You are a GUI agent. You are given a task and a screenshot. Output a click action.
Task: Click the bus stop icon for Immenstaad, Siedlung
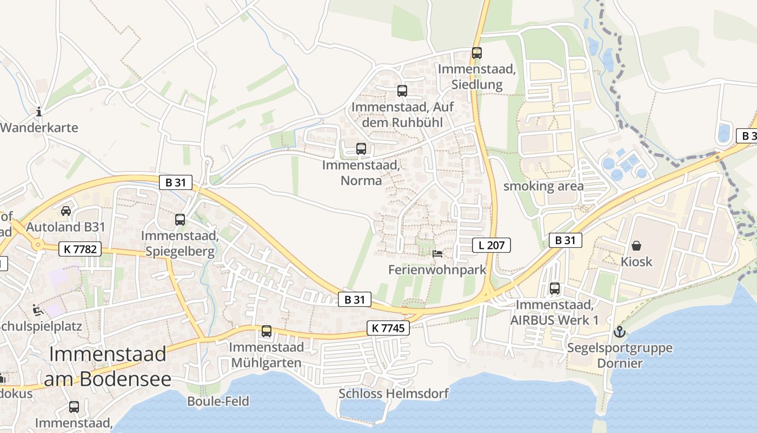click(476, 53)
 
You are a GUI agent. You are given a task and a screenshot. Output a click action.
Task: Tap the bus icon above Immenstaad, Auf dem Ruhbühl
click(402, 91)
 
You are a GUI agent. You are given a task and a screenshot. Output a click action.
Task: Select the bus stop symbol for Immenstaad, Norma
click(361, 149)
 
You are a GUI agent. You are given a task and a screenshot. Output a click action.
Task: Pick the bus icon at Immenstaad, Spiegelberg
click(180, 220)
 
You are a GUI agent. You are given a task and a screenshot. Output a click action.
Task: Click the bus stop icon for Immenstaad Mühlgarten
click(267, 331)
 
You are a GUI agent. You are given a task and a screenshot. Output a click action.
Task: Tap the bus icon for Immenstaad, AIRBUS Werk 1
click(555, 288)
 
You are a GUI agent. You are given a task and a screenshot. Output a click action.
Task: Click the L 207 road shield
click(492, 245)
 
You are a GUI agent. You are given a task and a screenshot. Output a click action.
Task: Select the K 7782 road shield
click(79, 249)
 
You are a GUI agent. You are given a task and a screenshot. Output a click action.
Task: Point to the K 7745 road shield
click(388, 327)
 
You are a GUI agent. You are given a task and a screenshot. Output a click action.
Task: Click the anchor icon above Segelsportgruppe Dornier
click(620, 332)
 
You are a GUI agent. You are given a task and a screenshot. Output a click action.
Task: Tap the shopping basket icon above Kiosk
click(636, 246)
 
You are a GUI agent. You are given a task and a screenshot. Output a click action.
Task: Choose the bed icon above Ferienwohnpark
click(438, 253)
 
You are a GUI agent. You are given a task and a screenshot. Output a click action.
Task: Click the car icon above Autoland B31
click(66, 211)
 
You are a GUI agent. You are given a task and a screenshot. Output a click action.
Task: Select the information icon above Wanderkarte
click(39, 112)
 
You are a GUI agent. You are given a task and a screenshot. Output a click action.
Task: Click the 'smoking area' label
click(543, 187)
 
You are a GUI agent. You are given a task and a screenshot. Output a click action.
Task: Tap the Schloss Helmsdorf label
click(393, 393)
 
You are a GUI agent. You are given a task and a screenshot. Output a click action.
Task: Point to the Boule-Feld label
click(218, 401)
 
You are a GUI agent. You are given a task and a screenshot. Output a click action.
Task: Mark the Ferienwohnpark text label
click(437, 270)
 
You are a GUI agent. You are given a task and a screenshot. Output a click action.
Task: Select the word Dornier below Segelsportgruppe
click(620, 363)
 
